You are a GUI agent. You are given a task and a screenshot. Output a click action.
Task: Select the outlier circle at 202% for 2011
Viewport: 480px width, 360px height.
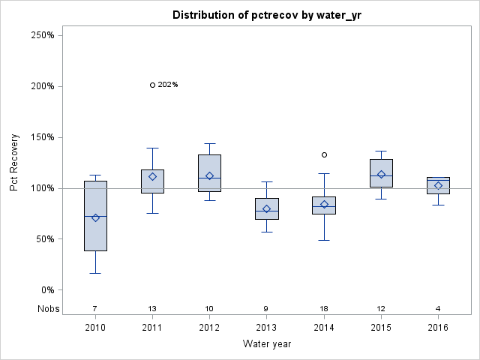(152, 85)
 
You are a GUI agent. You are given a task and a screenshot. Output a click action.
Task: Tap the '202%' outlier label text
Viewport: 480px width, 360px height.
(168, 85)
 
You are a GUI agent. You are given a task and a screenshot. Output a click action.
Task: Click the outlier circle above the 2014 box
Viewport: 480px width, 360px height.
(324, 154)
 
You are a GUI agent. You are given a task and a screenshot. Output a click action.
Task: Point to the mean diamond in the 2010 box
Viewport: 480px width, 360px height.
(95, 217)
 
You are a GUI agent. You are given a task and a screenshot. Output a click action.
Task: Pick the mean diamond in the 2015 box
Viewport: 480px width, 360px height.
(381, 175)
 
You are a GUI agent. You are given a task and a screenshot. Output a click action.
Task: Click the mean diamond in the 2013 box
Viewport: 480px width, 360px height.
(266, 208)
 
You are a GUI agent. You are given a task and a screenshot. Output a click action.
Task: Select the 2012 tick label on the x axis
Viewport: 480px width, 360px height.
(209, 327)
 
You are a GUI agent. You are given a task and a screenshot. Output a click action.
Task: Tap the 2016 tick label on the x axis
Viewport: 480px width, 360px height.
(438, 327)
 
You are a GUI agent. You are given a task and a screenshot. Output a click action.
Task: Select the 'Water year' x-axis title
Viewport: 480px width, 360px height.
(266, 344)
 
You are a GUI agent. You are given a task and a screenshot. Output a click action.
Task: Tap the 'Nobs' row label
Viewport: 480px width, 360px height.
(47, 308)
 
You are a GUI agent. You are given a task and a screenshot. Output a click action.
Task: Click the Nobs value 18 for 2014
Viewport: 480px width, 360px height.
(324, 308)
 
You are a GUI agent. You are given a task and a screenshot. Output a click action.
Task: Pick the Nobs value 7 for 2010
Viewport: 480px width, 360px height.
(95, 308)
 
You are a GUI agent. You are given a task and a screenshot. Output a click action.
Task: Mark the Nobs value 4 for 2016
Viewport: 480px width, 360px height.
(438, 308)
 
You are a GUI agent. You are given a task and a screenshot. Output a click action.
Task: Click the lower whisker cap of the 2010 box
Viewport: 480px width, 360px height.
(95, 273)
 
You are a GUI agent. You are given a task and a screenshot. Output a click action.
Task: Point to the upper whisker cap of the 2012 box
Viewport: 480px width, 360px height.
(209, 143)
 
